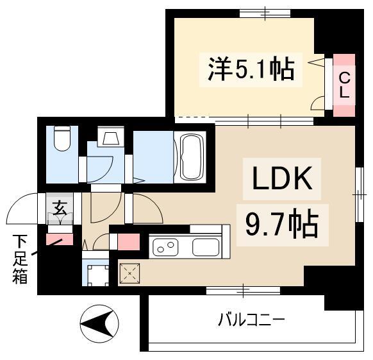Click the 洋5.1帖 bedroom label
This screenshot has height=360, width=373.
pos(251,69)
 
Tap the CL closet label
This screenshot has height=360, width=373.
pos(344,85)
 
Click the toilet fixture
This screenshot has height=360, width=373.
pos(62,139)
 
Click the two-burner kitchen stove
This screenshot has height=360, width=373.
pos(168,246)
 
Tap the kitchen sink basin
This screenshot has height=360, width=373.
pos(206,246)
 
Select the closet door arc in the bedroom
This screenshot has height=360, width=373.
pos(318,103)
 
